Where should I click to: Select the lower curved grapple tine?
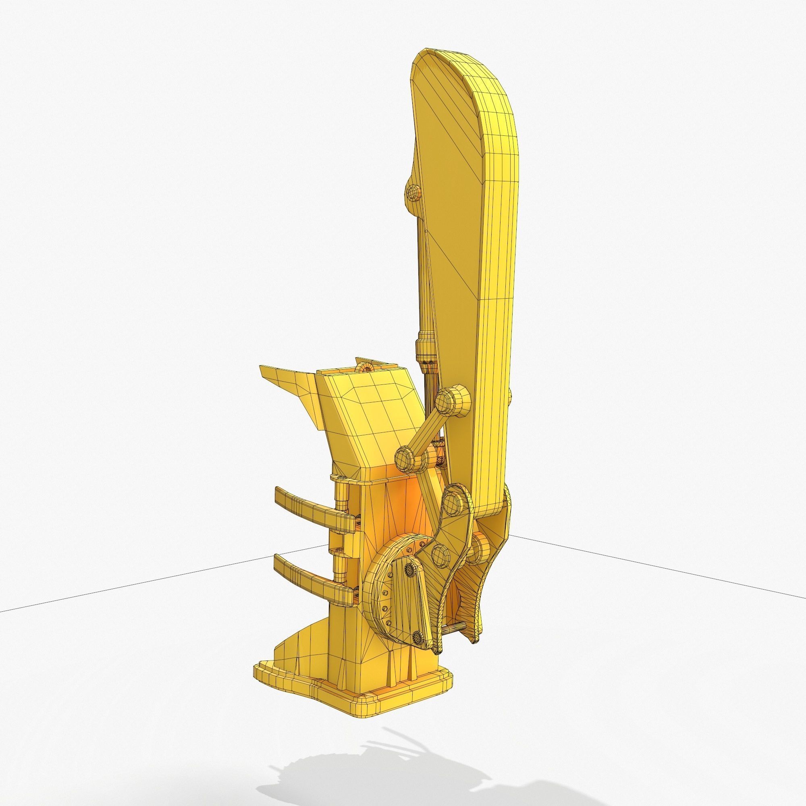click(309, 577)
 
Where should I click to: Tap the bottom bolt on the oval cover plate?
click(416, 648)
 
